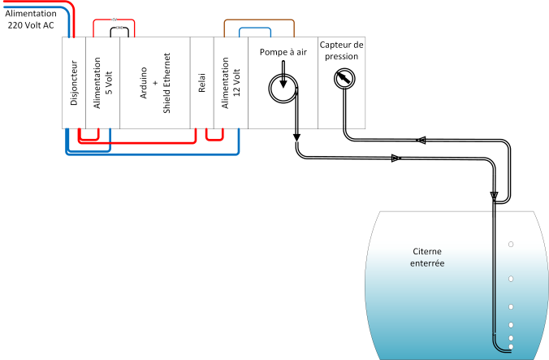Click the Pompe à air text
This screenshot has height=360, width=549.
point(283,52)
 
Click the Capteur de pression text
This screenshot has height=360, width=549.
point(342,50)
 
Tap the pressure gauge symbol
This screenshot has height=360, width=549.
point(344,78)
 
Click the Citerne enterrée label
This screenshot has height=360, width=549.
point(429,258)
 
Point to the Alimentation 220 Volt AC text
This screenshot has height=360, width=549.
point(31,20)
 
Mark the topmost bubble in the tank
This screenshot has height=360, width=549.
point(511,243)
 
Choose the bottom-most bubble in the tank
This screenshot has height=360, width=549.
point(511,346)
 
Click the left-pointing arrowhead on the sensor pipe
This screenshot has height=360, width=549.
point(421,141)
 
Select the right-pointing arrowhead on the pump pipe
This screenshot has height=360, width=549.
point(396,158)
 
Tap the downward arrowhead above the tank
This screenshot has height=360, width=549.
point(494,196)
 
